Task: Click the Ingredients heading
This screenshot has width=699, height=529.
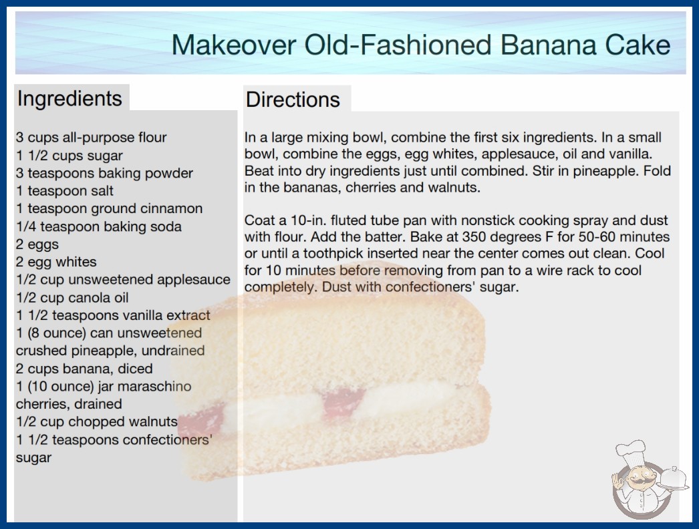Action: click(x=69, y=98)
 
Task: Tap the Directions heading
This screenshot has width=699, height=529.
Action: click(x=293, y=100)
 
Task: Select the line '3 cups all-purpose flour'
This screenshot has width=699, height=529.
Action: click(x=92, y=138)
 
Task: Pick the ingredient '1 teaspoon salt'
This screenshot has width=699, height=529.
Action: click(x=65, y=191)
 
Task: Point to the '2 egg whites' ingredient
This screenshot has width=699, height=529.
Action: click(x=56, y=262)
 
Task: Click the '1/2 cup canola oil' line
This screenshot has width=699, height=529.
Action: click(x=72, y=297)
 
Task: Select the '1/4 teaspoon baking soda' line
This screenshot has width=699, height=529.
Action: click(x=99, y=226)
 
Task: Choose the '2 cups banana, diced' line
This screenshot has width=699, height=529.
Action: click(x=84, y=369)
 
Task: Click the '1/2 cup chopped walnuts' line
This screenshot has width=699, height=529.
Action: click(x=97, y=421)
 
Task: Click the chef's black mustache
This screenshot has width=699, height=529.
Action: click(x=640, y=482)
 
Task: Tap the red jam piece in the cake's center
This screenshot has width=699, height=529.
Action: click(x=343, y=402)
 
